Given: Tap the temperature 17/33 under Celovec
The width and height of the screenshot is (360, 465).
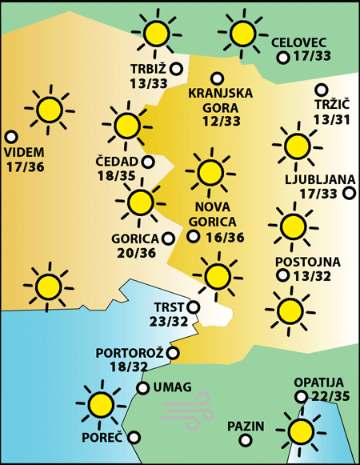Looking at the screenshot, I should [x=314, y=57].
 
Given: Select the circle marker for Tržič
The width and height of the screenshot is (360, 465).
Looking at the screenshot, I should [x=322, y=90].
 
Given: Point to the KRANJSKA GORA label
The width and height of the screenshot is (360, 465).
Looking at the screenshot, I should [x=220, y=99].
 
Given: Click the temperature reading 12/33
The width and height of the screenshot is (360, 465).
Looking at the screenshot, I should [x=221, y=121].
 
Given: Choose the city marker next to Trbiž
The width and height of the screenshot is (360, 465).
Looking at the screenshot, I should [x=176, y=70].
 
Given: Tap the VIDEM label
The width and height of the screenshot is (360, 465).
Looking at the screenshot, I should [x=24, y=152].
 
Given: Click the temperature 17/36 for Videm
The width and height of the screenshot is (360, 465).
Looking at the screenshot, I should [x=25, y=167].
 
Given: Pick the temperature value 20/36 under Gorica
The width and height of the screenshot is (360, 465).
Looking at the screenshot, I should [x=135, y=254].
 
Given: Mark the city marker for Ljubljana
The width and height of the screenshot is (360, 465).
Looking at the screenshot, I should [x=348, y=193].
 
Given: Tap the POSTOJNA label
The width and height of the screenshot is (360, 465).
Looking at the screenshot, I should [x=307, y=262].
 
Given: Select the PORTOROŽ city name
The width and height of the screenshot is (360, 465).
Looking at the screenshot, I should [x=130, y=352].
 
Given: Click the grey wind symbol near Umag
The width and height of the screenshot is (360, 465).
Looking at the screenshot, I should [x=185, y=407].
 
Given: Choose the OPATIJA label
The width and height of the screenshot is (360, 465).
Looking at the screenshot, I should [x=318, y=383].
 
